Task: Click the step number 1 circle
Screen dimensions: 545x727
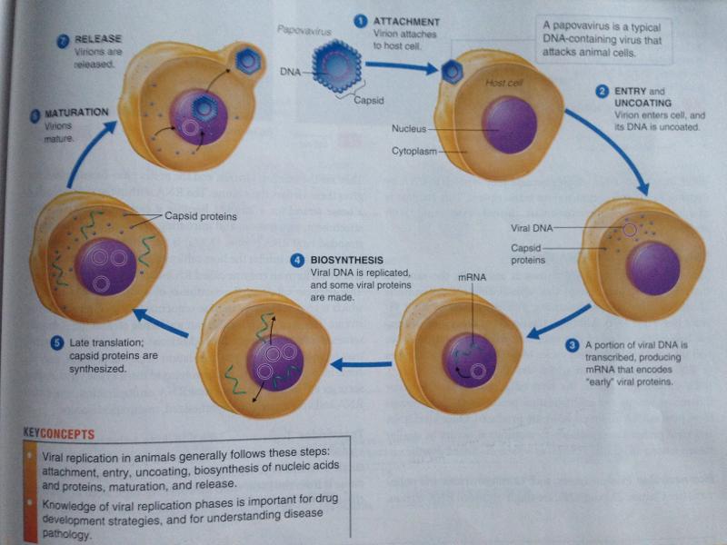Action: (360, 20)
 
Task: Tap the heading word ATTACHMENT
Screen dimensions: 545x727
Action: (407, 21)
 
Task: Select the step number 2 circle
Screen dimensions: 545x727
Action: (601, 92)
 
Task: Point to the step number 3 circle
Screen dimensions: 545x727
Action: (571, 345)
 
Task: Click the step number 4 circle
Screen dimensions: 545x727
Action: (297, 261)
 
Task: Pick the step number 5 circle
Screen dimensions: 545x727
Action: (56, 343)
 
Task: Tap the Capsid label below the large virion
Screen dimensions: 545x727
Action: (371, 101)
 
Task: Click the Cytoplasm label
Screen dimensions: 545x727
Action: (414, 150)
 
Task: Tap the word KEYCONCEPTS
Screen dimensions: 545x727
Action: (61, 434)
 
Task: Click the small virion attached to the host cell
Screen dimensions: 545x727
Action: (452, 73)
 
